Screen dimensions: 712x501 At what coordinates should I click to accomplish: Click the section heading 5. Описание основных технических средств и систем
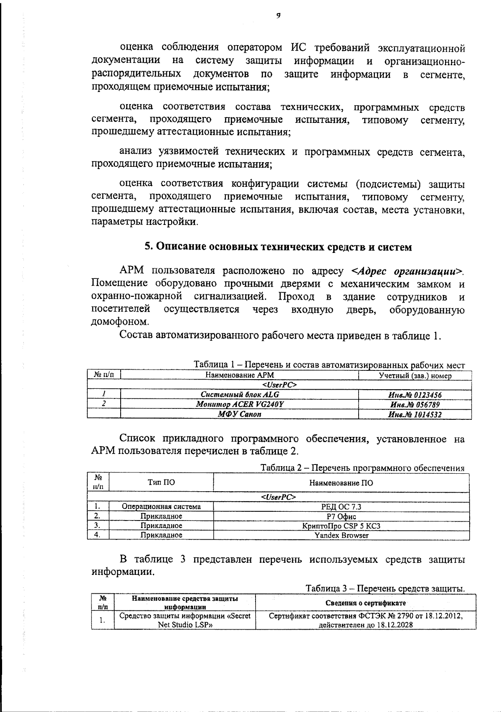point(278,247)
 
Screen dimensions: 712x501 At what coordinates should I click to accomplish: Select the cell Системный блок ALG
point(240,394)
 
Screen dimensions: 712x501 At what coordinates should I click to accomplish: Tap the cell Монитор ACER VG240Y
point(240,404)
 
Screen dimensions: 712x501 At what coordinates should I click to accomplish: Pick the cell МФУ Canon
point(240,414)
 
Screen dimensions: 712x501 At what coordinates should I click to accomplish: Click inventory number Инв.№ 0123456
point(415,394)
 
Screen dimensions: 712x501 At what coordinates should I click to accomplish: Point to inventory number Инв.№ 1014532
point(415,414)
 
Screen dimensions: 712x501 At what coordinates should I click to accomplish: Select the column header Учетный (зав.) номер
point(415,375)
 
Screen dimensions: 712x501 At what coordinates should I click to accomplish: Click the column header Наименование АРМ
point(240,375)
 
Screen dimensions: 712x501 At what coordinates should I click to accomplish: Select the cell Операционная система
point(161,507)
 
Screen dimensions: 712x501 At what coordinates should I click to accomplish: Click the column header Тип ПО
point(161,482)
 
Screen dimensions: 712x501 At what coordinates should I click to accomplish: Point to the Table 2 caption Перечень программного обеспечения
point(362,468)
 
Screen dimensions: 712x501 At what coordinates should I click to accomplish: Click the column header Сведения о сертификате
point(365,603)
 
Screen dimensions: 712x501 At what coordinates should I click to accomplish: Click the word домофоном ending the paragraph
point(119,322)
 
